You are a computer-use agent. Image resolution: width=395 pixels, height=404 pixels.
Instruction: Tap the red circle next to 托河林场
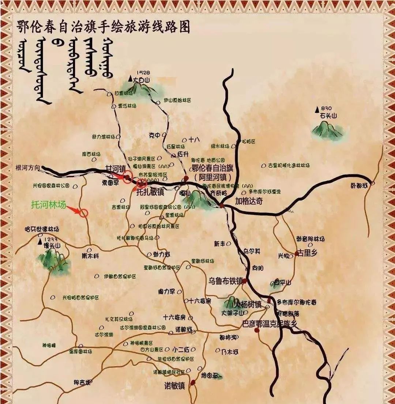click(x=84, y=212)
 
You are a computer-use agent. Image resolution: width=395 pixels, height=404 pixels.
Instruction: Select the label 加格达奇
click(x=249, y=201)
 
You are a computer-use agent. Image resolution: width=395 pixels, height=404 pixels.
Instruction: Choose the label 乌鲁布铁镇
click(x=226, y=281)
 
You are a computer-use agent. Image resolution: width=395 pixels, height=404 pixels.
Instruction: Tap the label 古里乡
click(x=306, y=253)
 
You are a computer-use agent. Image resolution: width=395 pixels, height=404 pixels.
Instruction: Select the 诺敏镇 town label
click(x=174, y=386)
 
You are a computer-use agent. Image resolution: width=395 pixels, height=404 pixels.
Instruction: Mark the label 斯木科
click(x=90, y=256)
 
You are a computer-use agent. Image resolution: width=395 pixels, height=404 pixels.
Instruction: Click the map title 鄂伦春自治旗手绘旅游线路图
click(x=104, y=26)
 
